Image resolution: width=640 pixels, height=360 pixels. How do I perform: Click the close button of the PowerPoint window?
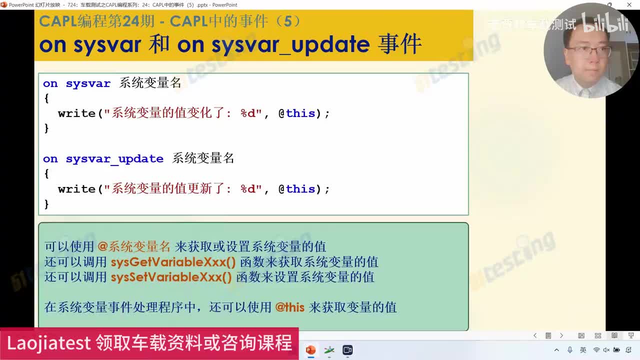[629, 5]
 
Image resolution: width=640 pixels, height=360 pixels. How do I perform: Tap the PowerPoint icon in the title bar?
[4, 5]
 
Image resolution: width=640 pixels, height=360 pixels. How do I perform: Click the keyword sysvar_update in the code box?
[114, 159]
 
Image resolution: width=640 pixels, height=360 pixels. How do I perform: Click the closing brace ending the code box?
[46, 204]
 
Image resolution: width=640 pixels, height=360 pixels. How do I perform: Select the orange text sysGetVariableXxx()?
[173, 262]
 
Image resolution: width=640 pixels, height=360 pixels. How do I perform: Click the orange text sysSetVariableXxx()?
[171, 277]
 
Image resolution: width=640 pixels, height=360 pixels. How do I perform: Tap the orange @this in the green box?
[290, 307]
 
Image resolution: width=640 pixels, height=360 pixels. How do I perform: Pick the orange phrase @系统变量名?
[134, 246]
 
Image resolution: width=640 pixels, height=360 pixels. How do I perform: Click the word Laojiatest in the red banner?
[48, 343]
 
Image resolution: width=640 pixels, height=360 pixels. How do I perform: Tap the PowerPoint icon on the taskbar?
[310, 350]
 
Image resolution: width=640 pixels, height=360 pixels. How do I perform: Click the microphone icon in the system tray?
[570, 350]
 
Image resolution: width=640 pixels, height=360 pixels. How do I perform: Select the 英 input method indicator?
[583, 350]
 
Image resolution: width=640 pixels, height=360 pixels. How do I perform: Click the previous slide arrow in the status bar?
[535, 335]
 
